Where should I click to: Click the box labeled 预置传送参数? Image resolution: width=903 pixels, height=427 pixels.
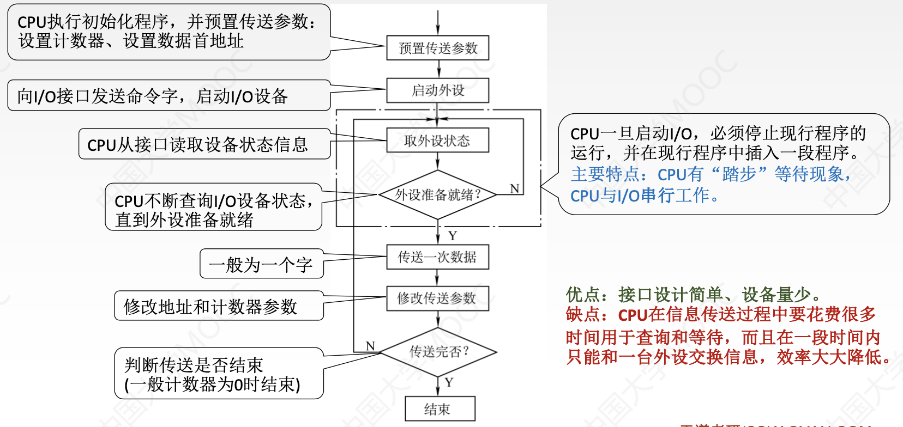(x=437, y=48)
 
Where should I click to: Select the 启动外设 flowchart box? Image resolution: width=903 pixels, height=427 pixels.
(x=437, y=90)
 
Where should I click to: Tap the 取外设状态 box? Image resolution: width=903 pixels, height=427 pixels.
(x=437, y=141)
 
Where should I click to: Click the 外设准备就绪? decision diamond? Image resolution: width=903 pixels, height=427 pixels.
(x=437, y=194)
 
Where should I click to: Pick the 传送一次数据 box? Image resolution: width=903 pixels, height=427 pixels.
(x=437, y=257)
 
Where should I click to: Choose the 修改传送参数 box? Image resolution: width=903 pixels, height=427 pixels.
(x=437, y=298)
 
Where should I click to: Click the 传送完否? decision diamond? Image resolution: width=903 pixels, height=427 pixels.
(x=438, y=352)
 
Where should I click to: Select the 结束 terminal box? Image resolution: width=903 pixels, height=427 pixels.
(x=440, y=409)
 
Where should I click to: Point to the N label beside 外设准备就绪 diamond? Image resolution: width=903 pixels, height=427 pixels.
(x=514, y=188)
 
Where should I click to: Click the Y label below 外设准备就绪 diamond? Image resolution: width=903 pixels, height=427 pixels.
(x=453, y=236)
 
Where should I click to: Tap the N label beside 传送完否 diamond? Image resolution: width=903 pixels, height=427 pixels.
(x=370, y=346)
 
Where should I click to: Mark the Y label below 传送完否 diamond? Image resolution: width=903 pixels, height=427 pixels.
(x=449, y=382)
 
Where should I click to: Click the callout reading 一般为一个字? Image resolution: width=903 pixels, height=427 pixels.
(x=261, y=265)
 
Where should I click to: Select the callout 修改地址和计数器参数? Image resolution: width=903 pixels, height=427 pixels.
(x=210, y=307)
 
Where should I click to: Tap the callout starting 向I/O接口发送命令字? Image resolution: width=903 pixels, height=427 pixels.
(x=153, y=96)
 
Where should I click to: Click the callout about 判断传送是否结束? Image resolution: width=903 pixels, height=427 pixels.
(x=213, y=374)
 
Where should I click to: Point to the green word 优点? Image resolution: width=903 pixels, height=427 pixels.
(x=582, y=295)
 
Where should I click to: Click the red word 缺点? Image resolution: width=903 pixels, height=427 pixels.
(x=582, y=314)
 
